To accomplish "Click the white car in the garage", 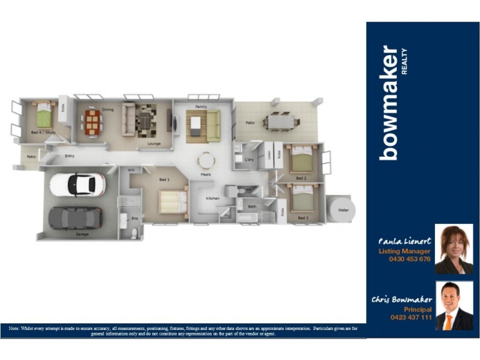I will pyautogui.click(x=77, y=185).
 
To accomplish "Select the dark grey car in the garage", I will pyautogui.click(x=76, y=217).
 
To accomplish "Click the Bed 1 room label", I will pyautogui.click(x=164, y=179).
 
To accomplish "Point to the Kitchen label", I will pyautogui.click(x=213, y=198).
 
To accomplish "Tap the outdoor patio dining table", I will pyautogui.click(x=281, y=122).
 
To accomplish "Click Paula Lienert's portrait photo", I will pyautogui.click(x=454, y=249).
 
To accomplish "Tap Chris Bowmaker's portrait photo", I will pyautogui.click(x=454, y=306).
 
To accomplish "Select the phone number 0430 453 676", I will pyautogui.click(x=410, y=259).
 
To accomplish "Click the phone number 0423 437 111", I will pyautogui.click(x=410, y=317).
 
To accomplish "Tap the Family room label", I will pyautogui.click(x=201, y=106).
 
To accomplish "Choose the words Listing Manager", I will pyautogui.click(x=404, y=251).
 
